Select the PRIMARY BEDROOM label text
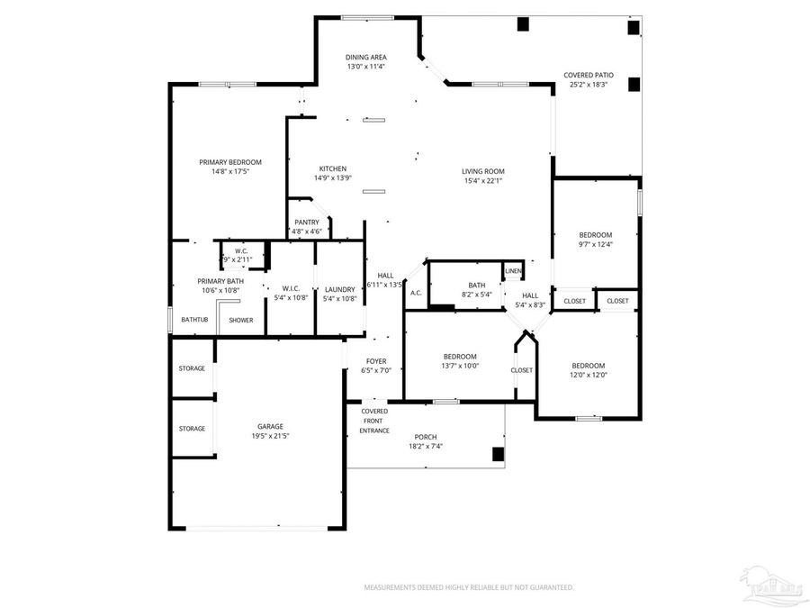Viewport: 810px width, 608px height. coord(230,162)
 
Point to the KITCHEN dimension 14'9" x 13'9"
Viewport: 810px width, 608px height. coord(332,178)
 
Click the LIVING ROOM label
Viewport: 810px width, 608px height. coord(483,171)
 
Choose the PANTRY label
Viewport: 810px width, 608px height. coord(306,222)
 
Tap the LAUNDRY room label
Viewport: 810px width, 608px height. coord(339,288)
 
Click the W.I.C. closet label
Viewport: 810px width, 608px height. coord(290,288)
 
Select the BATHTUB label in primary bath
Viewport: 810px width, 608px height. coord(194,320)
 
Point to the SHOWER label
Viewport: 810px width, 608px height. coord(240,320)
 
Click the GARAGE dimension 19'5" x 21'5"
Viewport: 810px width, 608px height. coord(270,436)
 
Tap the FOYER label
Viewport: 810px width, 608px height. coord(376,361)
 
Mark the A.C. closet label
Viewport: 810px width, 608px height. coord(416,293)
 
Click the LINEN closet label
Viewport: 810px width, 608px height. coord(513,270)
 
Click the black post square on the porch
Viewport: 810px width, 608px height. coord(497,454)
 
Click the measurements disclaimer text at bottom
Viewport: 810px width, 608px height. coord(468,587)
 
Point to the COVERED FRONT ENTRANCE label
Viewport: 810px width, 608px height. coord(374,421)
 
